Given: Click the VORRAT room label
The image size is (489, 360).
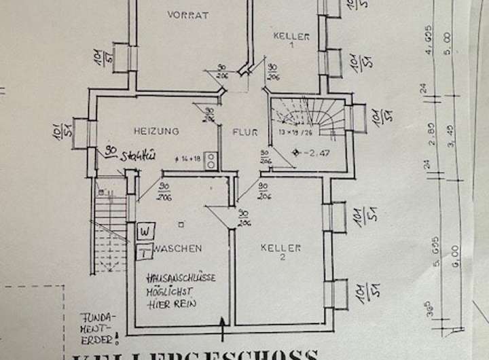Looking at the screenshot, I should point(188,15).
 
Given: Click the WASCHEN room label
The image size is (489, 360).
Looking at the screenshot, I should point(177,249).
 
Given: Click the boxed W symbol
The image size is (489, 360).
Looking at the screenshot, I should point(144,231).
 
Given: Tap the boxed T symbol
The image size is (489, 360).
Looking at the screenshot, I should point(144,253).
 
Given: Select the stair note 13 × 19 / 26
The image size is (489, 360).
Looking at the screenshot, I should point(299,131).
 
